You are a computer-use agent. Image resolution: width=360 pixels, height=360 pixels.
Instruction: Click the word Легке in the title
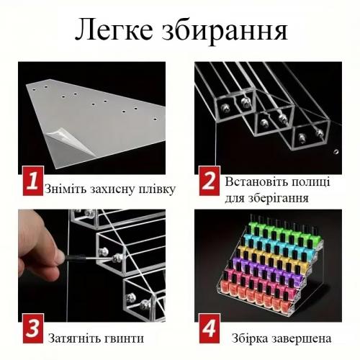coord(114,30)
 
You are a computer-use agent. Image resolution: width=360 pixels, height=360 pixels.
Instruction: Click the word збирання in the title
coord(225,31)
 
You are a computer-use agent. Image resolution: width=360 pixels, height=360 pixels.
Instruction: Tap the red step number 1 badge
coord(33,181)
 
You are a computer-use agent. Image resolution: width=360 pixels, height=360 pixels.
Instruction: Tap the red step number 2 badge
coord(210,181)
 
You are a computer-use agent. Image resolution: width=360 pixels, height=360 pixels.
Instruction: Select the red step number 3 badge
coord(33,328)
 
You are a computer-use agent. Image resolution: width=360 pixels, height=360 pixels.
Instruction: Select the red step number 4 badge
coord(210,328)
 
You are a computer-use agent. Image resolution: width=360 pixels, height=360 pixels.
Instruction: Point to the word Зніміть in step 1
coord(66,189)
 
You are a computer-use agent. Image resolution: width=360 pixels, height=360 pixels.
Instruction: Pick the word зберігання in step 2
coord(278,199)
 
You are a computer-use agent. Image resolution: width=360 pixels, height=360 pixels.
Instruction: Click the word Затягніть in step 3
coord(74,338)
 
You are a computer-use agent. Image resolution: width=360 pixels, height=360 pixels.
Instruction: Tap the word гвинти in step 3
coord(125,339)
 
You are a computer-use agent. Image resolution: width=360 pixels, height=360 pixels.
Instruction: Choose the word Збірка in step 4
coord(250,338)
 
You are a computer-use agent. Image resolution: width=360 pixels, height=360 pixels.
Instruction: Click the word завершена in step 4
coord(302,339)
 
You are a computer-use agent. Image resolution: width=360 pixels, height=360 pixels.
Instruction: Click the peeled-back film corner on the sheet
coord(70,141)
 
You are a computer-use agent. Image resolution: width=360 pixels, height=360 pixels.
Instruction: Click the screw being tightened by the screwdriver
coord(117,258)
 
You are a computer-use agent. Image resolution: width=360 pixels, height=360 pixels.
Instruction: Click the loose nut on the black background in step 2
coord(336,152)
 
